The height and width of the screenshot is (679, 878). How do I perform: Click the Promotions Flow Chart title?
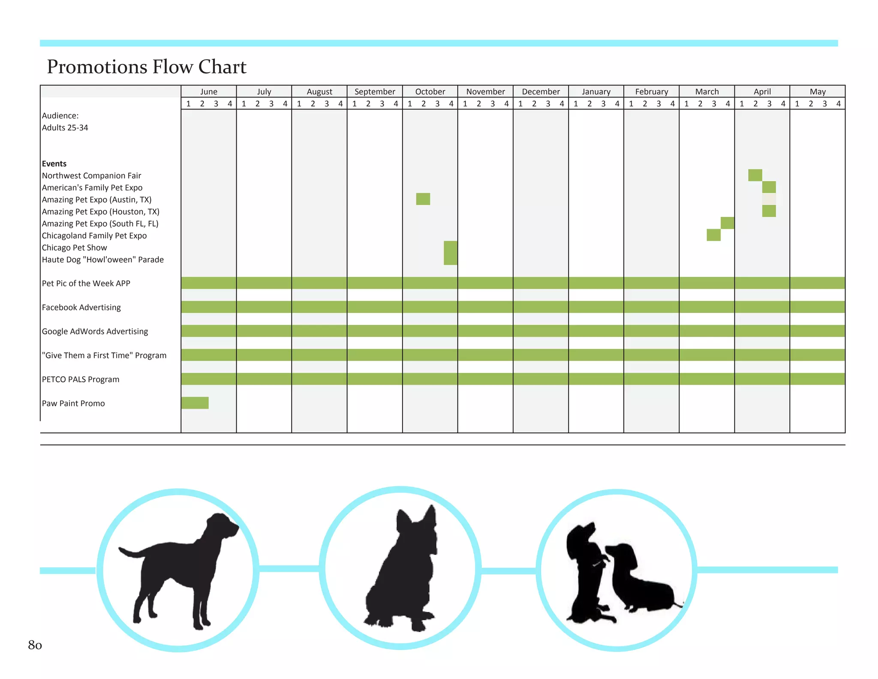click(147, 67)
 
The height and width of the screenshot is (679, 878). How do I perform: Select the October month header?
click(430, 91)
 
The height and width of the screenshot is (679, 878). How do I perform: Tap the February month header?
click(651, 91)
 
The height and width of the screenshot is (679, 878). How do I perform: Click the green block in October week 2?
click(423, 199)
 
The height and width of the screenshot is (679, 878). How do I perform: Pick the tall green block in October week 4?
click(450, 253)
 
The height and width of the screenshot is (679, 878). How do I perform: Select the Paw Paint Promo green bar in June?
click(195, 403)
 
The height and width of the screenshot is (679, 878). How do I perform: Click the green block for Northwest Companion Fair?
click(755, 175)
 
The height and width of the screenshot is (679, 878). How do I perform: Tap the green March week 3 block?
click(713, 235)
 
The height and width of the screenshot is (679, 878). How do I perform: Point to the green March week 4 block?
click(727, 223)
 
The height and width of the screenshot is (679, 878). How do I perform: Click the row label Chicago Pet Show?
click(75, 248)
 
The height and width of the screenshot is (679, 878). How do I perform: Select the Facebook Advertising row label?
click(81, 307)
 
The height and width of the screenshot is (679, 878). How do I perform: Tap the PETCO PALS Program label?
click(81, 379)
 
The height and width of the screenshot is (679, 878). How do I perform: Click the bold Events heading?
click(54, 164)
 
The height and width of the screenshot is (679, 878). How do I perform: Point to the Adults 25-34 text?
click(65, 127)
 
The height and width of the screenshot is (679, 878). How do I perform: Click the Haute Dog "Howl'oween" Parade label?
click(103, 260)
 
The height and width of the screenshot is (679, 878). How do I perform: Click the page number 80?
click(35, 645)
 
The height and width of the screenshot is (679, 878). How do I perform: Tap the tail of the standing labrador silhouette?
click(129, 552)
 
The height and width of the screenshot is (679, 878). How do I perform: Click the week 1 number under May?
click(797, 103)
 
